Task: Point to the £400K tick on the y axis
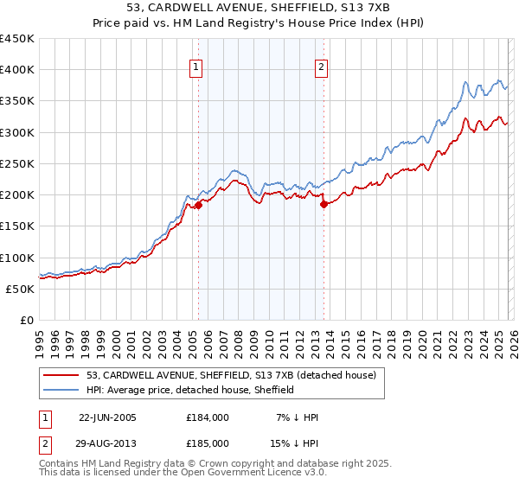[x=17, y=70]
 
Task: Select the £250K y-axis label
[x=17, y=163]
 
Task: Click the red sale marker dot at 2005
[x=198, y=205]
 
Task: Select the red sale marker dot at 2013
[x=324, y=205]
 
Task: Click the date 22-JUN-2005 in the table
[x=107, y=417]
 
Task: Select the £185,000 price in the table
[x=208, y=443]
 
